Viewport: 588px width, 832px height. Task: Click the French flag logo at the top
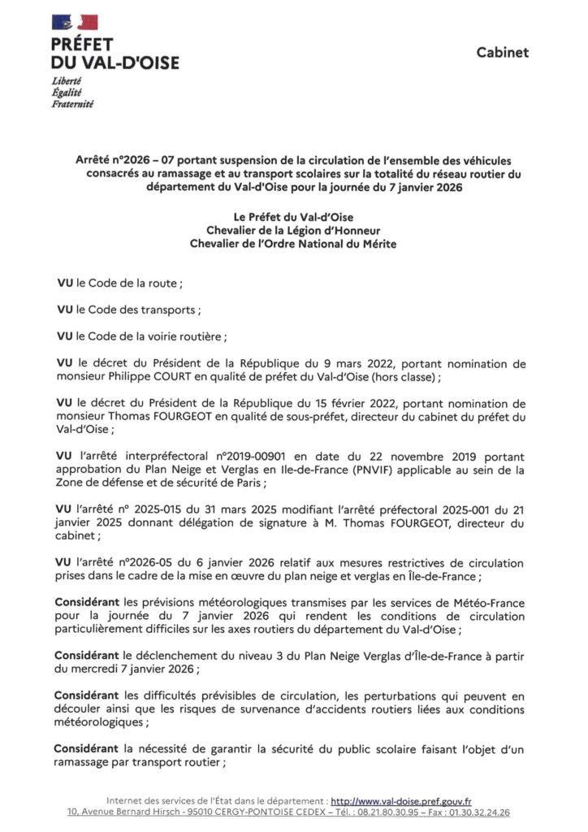pos(75,23)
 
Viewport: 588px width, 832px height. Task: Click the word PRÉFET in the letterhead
pos(82,45)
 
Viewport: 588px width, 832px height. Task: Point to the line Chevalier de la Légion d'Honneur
pos(293,230)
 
